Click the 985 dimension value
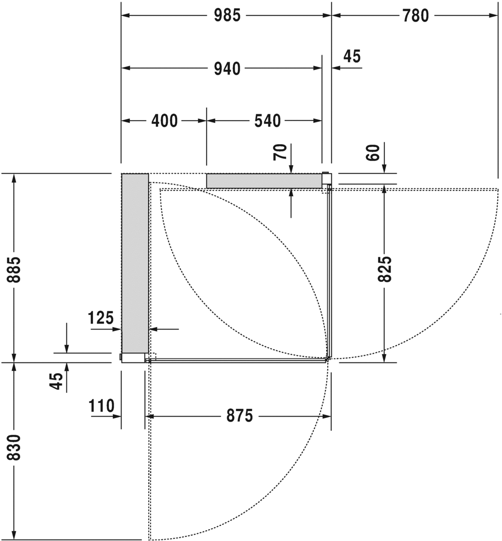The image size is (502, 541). [227, 16]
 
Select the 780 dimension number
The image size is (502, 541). [415, 16]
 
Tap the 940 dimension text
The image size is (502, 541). [227, 69]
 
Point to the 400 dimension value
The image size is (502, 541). [164, 120]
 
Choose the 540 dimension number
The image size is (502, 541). [267, 120]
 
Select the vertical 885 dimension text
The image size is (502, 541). [15, 269]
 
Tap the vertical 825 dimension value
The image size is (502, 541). [384, 269]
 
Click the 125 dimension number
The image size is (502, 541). [101, 318]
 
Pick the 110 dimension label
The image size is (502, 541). [101, 406]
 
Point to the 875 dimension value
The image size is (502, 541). [239, 416]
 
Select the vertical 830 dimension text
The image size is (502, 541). [15, 447]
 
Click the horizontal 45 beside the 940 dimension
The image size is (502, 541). [351, 57]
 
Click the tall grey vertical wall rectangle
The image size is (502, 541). [135, 263]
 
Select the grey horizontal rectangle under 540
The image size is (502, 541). [264, 181]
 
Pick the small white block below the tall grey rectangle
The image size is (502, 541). [133, 358]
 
